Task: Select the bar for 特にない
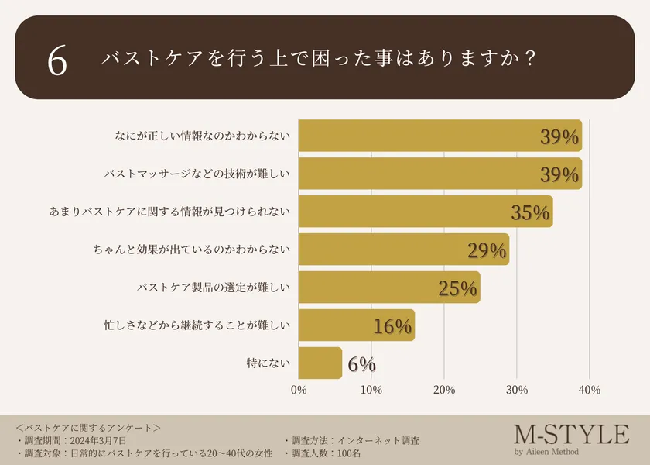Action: (x=320, y=363)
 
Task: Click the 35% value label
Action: (x=530, y=212)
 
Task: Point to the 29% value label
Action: (x=487, y=250)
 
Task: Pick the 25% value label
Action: (x=457, y=288)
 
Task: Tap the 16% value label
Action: (x=392, y=326)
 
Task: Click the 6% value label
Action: (x=361, y=363)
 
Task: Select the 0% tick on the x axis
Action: (x=299, y=390)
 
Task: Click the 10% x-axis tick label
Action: (x=371, y=390)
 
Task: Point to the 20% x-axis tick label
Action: (x=444, y=390)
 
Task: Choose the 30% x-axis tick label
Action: (x=517, y=390)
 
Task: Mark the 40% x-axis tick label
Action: (x=590, y=390)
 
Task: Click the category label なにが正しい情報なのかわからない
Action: (x=201, y=136)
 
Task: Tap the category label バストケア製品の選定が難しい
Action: (x=213, y=288)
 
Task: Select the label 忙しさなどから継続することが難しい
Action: (x=197, y=325)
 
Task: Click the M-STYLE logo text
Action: (x=571, y=435)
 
